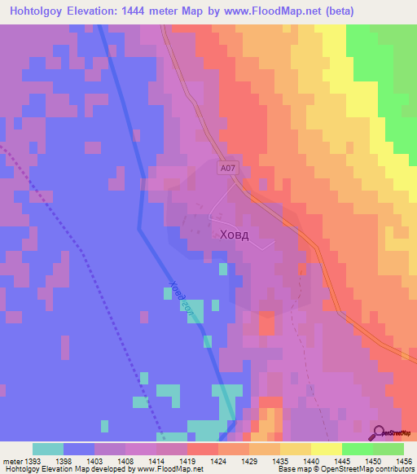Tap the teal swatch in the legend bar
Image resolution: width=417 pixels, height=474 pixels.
pos(48,449)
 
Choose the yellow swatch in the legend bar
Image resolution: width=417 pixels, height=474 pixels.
pos(326,449)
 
